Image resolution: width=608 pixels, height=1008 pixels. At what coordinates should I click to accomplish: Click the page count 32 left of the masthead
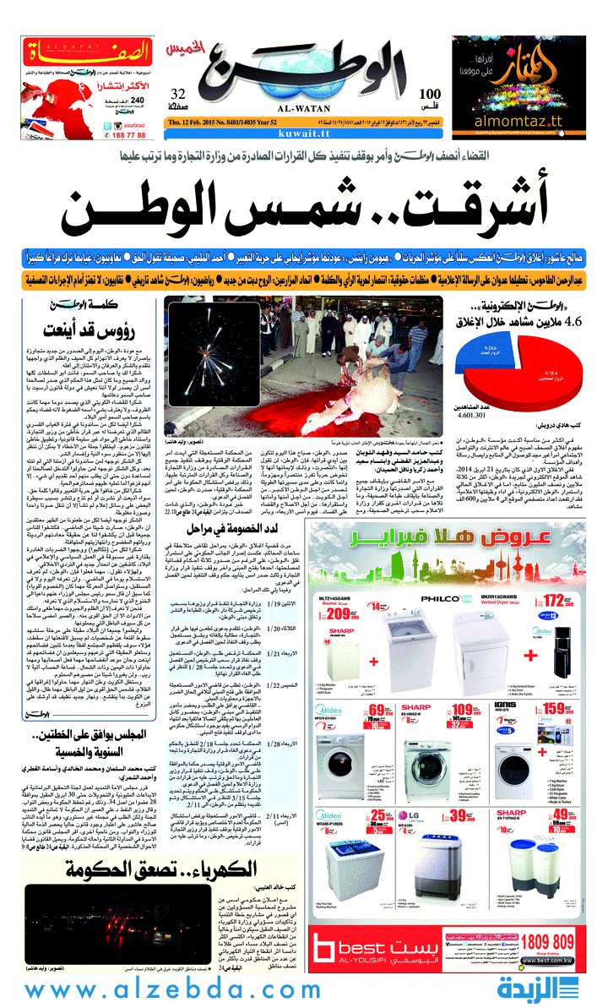click(x=177, y=94)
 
